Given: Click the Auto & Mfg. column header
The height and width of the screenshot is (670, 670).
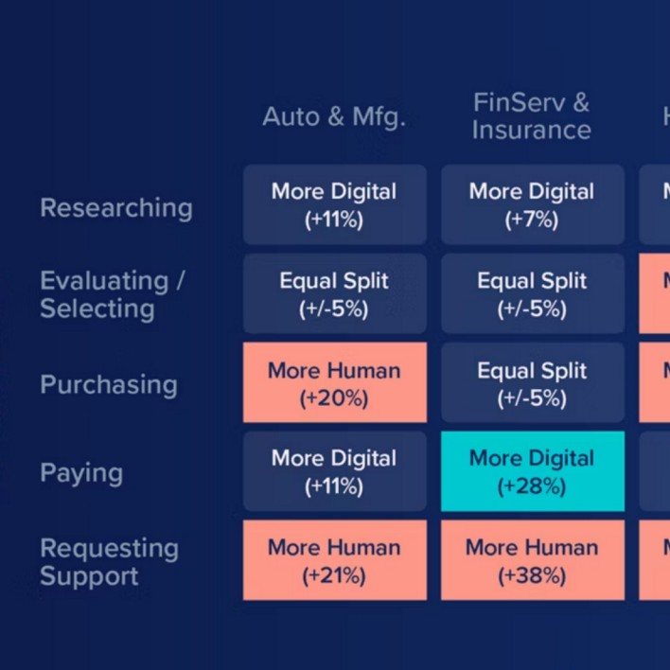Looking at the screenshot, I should pyautogui.click(x=334, y=116).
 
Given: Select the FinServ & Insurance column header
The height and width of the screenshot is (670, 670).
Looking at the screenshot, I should pyautogui.click(x=531, y=115).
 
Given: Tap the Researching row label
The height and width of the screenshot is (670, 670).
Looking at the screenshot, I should pyautogui.click(x=115, y=208).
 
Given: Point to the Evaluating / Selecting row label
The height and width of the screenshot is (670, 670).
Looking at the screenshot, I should pyautogui.click(x=112, y=294).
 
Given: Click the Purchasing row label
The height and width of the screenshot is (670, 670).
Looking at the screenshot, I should pyautogui.click(x=109, y=384).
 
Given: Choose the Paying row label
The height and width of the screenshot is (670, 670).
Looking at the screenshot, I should pyautogui.click(x=81, y=472).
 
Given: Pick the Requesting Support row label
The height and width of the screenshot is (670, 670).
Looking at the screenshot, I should pyautogui.click(x=109, y=561).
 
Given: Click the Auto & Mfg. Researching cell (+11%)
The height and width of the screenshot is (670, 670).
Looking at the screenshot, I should pyautogui.click(x=335, y=205).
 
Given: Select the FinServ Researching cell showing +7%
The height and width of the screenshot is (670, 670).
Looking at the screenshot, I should pyautogui.click(x=532, y=205).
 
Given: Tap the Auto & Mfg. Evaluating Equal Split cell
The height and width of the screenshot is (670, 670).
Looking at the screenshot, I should pyautogui.click(x=335, y=294).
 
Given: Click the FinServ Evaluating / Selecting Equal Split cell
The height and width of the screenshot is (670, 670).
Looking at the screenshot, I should pyautogui.click(x=532, y=294).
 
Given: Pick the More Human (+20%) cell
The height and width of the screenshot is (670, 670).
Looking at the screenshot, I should pyautogui.click(x=335, y=383).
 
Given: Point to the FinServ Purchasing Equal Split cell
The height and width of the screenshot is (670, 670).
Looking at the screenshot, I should pyautogui.click(x=532, y=383).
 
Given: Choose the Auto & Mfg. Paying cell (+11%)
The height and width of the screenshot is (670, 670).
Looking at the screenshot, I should pyautogui.click(x=335, y=472).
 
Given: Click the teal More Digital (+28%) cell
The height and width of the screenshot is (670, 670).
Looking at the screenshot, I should pyautogui.click(x=532, y=472).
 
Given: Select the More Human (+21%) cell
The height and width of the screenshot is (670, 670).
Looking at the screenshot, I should pyautogui.click(x=335, y=560).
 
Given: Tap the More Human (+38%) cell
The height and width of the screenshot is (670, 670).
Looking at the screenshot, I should pyautogui.click(x=532, y=560).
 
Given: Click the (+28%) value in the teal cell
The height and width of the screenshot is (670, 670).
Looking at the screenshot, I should pyautogui.click(x=532, y=486).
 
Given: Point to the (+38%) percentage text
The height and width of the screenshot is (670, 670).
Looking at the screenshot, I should pyautogui.click(x=532, y=575).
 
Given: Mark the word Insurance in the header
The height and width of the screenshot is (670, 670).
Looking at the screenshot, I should pyautogui.click(x=531, y=130).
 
